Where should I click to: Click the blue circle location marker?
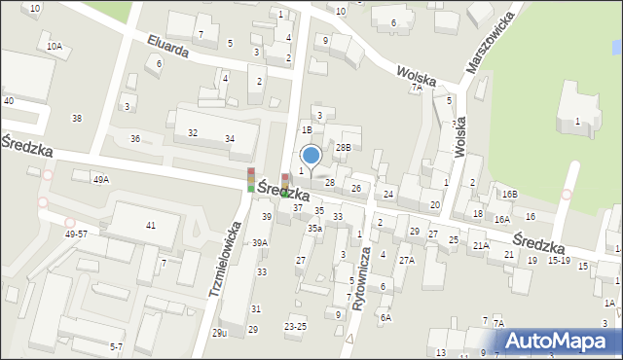pyautogui.click(x=311, y=154)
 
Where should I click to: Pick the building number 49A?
pyautogui.click(x=100, y=180)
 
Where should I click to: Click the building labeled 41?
pyautogui.click(x=150, y=225)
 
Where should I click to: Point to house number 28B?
pyautogui.click(x=343, y=147)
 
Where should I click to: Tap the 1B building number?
pyautogui.click(x=306, y=129)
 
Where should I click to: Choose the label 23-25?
pyautogui.click(x=295, y=326)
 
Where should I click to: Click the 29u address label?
pyautogui.click(x=219, y=333)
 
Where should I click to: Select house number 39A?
pyautogui.click(x=259, y=243)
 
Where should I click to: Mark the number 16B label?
pyautogui.click(x=509, y=195)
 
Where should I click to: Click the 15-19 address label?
pyautogui.click(x=558, y=261)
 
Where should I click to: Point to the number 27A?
pyautogui.click(x=406, y=261)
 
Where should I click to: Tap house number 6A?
pyautogui.click(x=385, y=317)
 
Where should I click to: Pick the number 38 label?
pyautogui.click(x=77, y=118)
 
